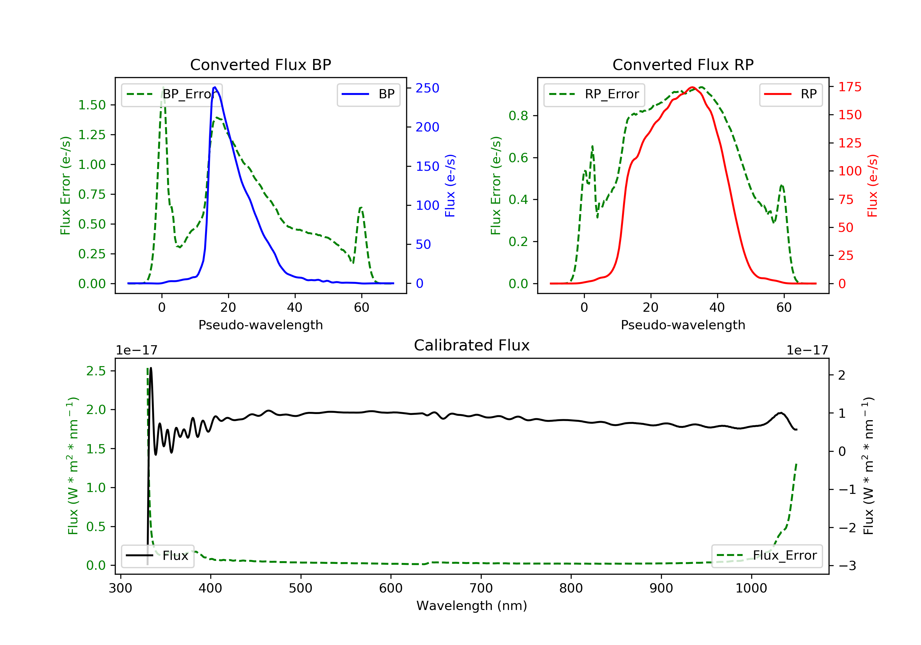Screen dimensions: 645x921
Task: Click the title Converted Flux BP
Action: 260,64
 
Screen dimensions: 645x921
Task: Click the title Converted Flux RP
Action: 683,64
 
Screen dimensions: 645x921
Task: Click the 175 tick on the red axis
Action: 849,87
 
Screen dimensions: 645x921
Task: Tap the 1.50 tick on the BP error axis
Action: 92,105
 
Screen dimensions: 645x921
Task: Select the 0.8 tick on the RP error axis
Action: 518,116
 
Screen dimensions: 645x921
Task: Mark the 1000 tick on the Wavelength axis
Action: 751,588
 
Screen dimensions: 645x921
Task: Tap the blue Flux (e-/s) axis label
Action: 450,186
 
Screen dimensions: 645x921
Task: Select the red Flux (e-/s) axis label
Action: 872,186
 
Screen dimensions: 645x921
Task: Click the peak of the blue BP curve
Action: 215,87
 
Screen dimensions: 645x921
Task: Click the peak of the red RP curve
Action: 692,87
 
